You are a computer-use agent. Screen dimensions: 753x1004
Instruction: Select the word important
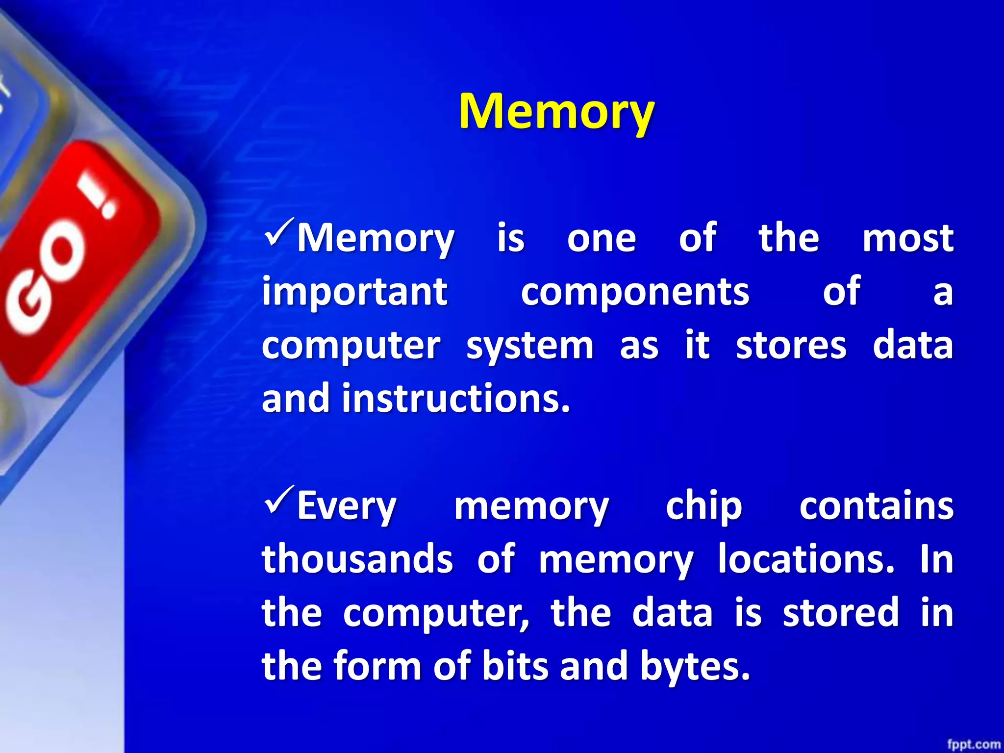[354, 292]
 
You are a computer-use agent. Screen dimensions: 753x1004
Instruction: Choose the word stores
[791, 346]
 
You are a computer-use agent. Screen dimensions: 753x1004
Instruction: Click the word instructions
[456, 399]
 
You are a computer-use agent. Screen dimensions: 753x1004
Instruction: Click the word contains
[876, 506]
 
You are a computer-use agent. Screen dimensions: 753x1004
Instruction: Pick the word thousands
[357, 559]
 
